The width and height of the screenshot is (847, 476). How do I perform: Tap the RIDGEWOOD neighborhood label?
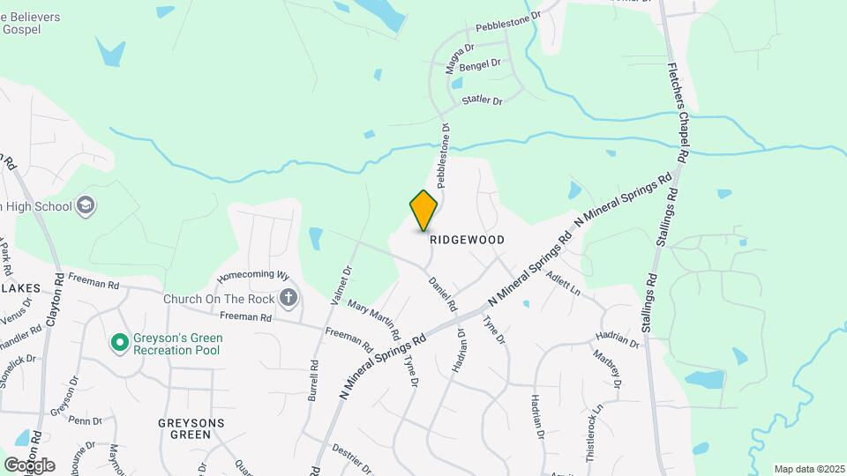pyautogui.click(x=467, y=240)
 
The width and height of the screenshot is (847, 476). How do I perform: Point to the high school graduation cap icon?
pyautogui.click(x=86, y=206)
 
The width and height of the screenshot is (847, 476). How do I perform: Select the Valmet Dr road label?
pyautogui.click(x=341, y=286)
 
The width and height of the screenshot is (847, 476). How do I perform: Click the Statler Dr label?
pyautogui.click(x=483, y=101)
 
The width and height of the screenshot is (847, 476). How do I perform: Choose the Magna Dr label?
pyautogui.click(x=460, y=59)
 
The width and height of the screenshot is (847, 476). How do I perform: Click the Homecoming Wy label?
pyautogui.click(x=253, y=275)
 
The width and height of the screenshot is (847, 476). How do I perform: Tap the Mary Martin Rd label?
pyautogui.click(x=374, y=320)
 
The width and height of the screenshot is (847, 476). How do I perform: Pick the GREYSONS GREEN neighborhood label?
pyautogui.click(x=191, y=428)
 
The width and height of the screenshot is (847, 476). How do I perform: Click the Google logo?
pyautogui.click(x=29, y=465)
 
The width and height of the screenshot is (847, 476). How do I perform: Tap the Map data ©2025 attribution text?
pyautogui.click(x=809, y=469)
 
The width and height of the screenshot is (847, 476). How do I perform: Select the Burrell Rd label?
pyautogui.click(x=313, y=380)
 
